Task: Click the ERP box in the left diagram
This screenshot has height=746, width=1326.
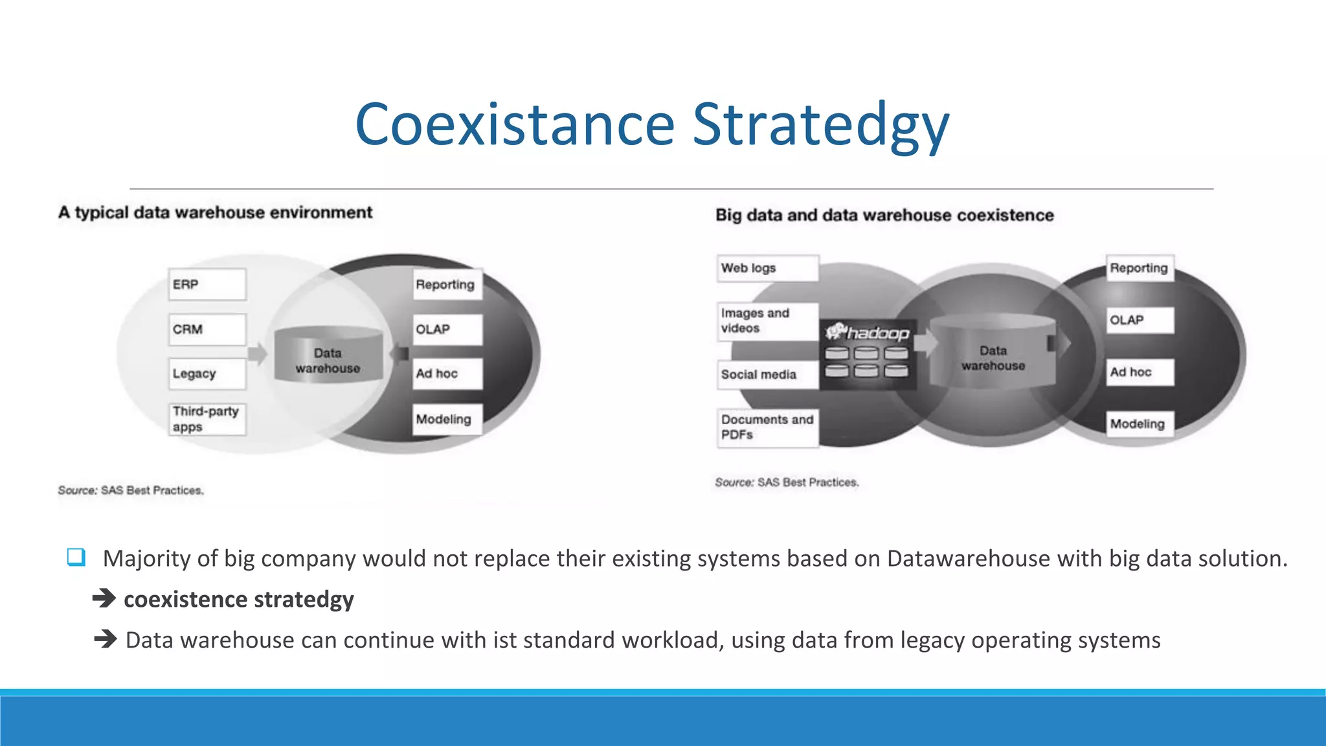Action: pyautogui.click(x=207, y=284)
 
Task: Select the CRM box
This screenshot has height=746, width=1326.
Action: pyautogui.click(x=207, y=330)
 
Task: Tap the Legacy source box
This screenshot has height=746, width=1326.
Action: pyautogui.click(x=207, y=374)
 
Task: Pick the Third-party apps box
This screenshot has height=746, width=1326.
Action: pyautogui.click(x=207, y=419)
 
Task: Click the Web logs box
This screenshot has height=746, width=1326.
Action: pyautogui.click(x=767, y=268)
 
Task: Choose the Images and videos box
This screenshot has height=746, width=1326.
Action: pyautogui.click(x=767, y=321)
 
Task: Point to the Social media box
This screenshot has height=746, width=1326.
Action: pyautogui.click(x=767, y=374)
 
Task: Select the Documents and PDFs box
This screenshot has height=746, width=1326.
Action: pyautogui.click(x=767, y=427)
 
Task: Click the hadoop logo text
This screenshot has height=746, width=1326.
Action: pyautogui.click(x=877, y=333)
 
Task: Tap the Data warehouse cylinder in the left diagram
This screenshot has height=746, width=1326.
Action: pyautogui.click(x=328, y=356)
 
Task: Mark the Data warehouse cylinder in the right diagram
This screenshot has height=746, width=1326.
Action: pyautogui.click(x=993, y=353)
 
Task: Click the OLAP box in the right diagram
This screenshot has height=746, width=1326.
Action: pyautogui.click(x=1140, y=320)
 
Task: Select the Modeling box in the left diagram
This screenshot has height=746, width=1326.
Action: pyautogui.click(x=448, y=419)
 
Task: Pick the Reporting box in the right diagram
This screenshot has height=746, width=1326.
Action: pyautogui.click(x=1140, y=268)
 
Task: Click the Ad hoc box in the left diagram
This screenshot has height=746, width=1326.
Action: pyautogui.click(x=448, y=374)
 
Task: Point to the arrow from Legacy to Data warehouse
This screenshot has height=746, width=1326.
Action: pyautogui.click(x=258, y=354)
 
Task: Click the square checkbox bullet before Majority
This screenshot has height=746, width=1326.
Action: pyautogui.click(x=76, y=557)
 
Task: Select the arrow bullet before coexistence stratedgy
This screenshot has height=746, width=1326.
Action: pyautogui.click(x=104, y=598)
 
